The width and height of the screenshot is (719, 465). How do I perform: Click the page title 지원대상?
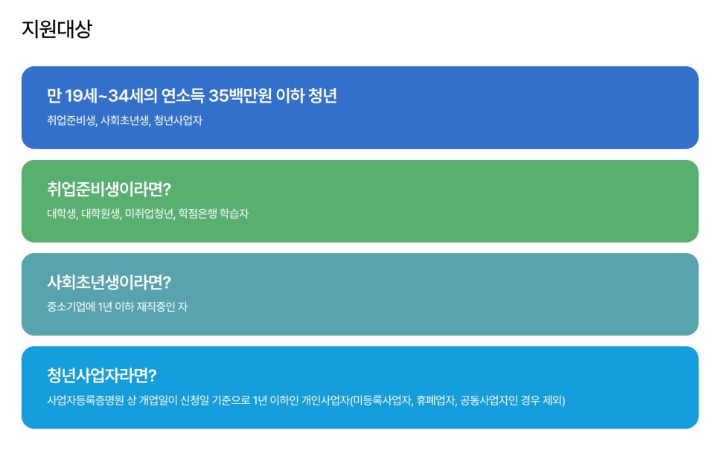[x=57, y=29]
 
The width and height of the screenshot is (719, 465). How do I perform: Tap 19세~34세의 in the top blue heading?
[x=111, y=96]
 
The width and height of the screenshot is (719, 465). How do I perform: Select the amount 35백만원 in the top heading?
[x=240, y=96]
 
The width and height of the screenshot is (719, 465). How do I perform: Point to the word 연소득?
[x=183, y=96]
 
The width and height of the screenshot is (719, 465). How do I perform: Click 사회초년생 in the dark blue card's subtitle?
[x=125, y=121]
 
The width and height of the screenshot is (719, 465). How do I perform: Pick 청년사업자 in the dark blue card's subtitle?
[x=178, y=121]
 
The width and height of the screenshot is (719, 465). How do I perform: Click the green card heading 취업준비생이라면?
[x=109, y=189]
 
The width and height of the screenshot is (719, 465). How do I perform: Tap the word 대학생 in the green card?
[x=62, y=214]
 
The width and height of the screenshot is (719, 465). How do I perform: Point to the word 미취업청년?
[x=150, y=214]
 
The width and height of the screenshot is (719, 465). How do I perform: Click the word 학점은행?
[x=197, y=214]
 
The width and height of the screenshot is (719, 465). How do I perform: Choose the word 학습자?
[x=234, y=214]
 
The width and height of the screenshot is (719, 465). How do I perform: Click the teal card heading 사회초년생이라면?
[x=109, y=282]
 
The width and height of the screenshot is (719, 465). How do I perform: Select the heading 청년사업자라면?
[x=102, y=376]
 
